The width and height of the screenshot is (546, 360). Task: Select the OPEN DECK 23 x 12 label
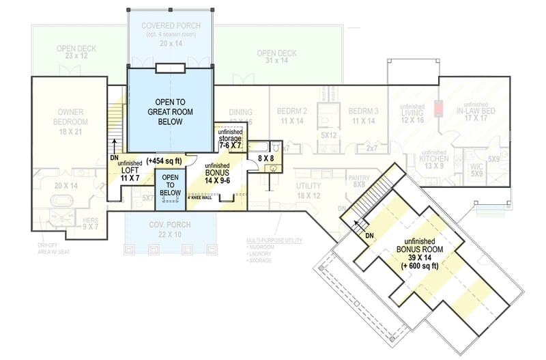pos(77,52)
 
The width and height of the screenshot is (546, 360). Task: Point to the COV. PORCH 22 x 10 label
pos(171,230)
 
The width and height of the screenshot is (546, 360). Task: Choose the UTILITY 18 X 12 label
pos(308,191)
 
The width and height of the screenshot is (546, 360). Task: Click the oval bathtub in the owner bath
pos(62,202)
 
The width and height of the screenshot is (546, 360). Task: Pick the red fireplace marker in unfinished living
pos(437,109)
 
